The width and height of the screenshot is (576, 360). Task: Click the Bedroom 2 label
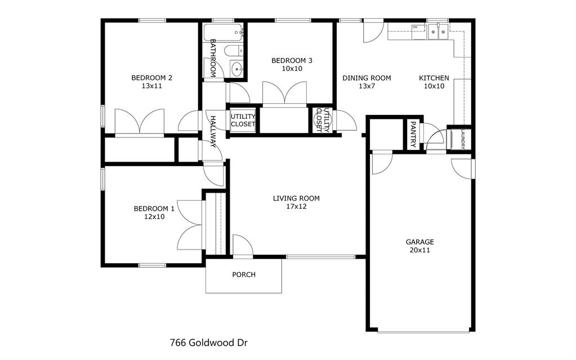[151, 78]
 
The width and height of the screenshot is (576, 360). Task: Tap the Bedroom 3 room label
[292, 60]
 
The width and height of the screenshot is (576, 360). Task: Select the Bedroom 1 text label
[154, 208]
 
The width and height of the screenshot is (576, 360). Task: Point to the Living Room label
[296, 198]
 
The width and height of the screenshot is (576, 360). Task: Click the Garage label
[420, 242]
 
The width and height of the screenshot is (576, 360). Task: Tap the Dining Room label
[367, 78]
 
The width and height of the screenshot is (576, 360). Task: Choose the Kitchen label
[434, 78]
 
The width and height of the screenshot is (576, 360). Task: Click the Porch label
[244, 275]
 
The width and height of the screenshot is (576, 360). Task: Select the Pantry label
[413, 134]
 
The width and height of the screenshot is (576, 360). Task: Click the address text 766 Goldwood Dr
[208, 342]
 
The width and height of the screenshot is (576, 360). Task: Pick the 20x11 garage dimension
[420, 250]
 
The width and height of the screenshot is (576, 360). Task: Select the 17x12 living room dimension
[296, 206]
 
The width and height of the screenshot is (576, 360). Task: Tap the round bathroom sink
[237, 70]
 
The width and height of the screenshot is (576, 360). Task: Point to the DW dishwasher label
[415, 27]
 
